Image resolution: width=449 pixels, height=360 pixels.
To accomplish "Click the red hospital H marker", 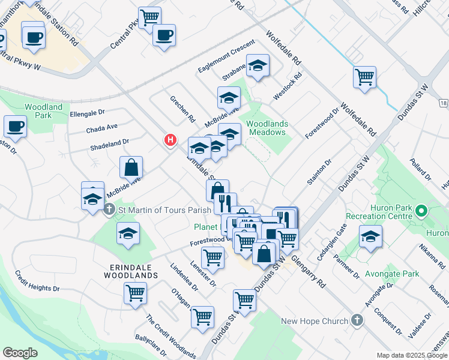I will coord(170,140).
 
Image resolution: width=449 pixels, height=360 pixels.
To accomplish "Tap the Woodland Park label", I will coord(43,111).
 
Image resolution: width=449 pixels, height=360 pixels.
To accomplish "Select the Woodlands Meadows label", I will coord(267,128).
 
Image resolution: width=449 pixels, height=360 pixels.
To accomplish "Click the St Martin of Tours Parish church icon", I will coord(109,210).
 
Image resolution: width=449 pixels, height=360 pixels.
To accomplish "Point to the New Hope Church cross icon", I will coord(358,320).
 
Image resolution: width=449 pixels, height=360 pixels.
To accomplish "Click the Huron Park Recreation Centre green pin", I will coord(421,211).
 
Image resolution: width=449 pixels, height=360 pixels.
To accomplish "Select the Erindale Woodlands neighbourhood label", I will coord(125,275).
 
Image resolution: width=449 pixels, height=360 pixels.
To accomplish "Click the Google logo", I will coord(20,352).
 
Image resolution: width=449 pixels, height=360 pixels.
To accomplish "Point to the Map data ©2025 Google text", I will coord(411,355).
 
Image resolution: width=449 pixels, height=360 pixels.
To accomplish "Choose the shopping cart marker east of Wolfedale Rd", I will coord(364,77).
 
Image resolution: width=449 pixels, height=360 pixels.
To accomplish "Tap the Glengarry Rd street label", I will coord(312,271).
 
